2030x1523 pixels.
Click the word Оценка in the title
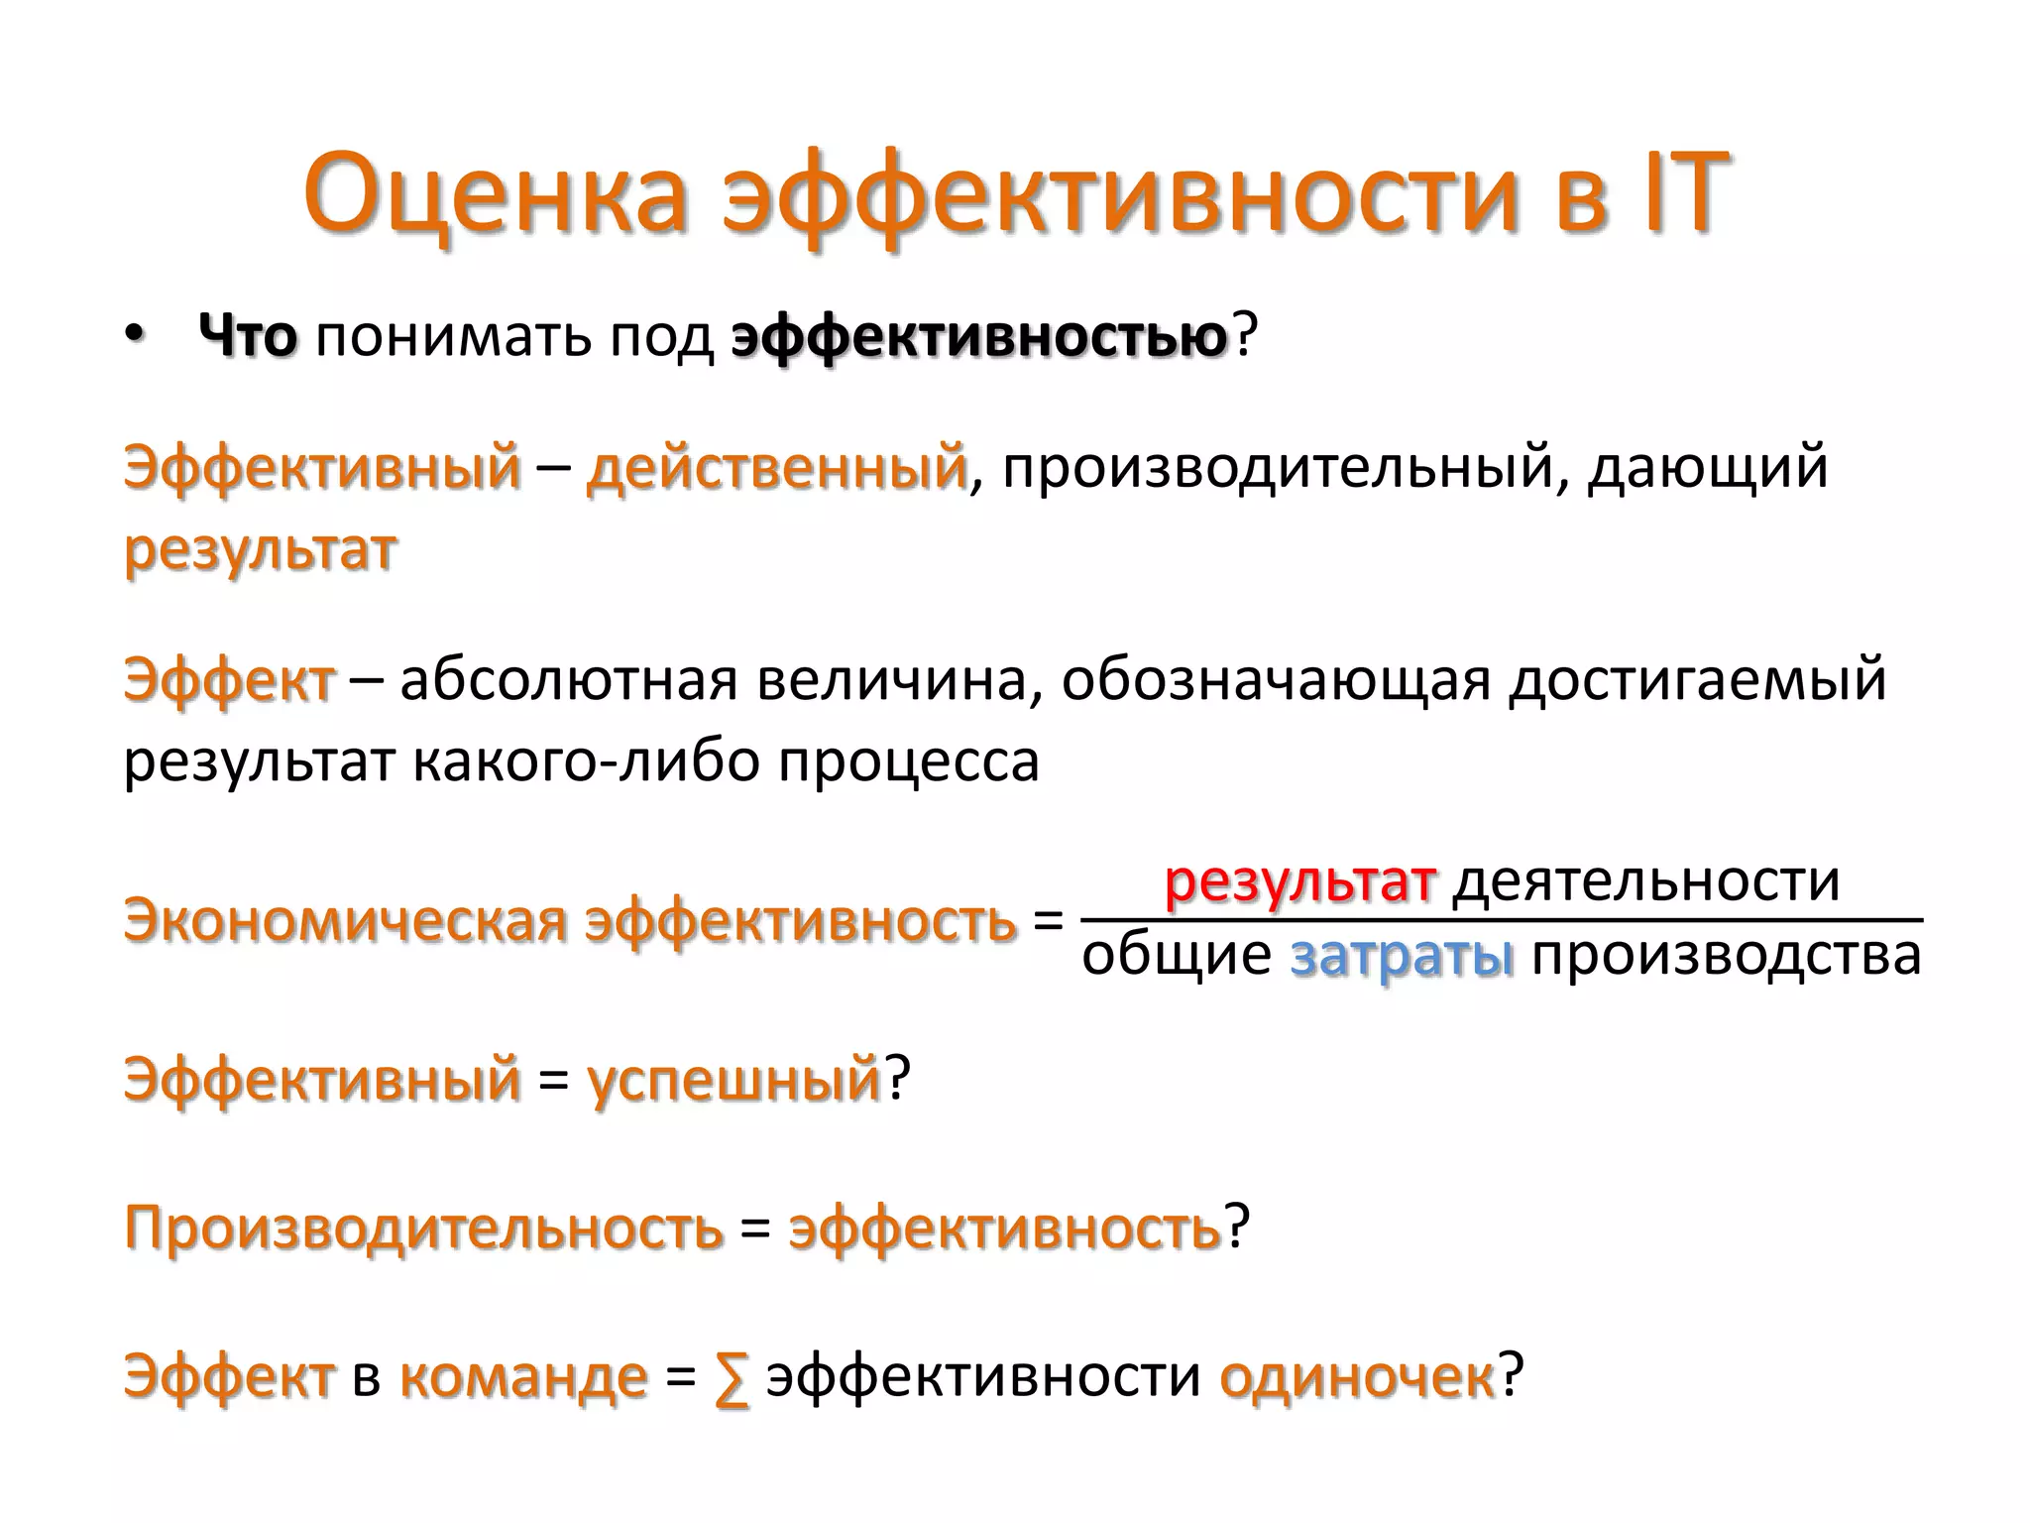(x=496, y=193)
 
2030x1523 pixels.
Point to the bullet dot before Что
(x=135, y=337)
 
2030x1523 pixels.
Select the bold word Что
(x=248, y=337)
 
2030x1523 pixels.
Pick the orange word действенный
(x=776, y=467)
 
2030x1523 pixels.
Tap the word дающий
(x=1707, y=467)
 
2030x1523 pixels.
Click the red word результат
(x=1299, y=880)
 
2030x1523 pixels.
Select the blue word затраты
(x=1402, y=957)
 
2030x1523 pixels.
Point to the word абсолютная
(x=569, y=681)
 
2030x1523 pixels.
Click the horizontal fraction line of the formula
(x=1501, y=919)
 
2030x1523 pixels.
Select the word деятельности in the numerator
(x=1645, y=880)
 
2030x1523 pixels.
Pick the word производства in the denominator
(x=1726, y=957)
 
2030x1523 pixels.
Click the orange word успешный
(x=733, y=1080)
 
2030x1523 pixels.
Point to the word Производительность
(x=424, y=1228)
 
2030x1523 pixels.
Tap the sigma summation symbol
(x=732, y=1378)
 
